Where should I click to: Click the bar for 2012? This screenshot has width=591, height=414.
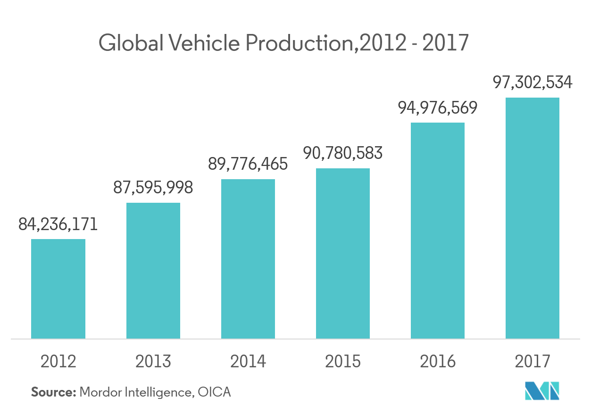pyautogui.click(x=58, y=289)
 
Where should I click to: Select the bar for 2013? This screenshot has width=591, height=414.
pyautogui.click(x=153, y=271)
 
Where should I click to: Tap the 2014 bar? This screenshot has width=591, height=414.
pyautogui.click(x=248, y=259)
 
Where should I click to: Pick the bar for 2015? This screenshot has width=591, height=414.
pyautogui.click(x=343, y=253)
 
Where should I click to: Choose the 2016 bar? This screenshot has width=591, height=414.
pyautogui.click(x=438, y=231)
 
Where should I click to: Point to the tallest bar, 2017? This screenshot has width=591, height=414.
pyautogui.click(x=533, y=218)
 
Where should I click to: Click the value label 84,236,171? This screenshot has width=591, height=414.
pyautogui.click(x=58, y=224)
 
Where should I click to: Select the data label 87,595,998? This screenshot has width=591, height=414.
pyautogui.click(x=153, y=188)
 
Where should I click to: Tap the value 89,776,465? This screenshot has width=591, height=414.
pyautogui.click(x=248, y=164)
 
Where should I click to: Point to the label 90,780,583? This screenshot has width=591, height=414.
pyautogui.click(x=343, y=153)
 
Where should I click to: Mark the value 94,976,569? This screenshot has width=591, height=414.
pyautogui.click(x=438, y=108)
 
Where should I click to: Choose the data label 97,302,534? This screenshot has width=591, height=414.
pyautogui.click(x=533, y=83)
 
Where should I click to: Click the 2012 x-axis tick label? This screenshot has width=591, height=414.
pyautogui.click(x=58, y=361)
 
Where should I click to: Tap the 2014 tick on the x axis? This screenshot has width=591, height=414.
pyautogui.click(x=248, y=361)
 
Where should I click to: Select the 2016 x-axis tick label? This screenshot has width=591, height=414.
pyautogui.click(x=438, y=361)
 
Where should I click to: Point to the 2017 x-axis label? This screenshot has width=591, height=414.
pyautogui.click(x=533, y=361)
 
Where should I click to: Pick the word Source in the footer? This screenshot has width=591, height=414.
pyautogui.click(x=53, y=392)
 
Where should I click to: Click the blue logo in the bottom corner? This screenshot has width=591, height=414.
pyautogui.click(x=542, y=390)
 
